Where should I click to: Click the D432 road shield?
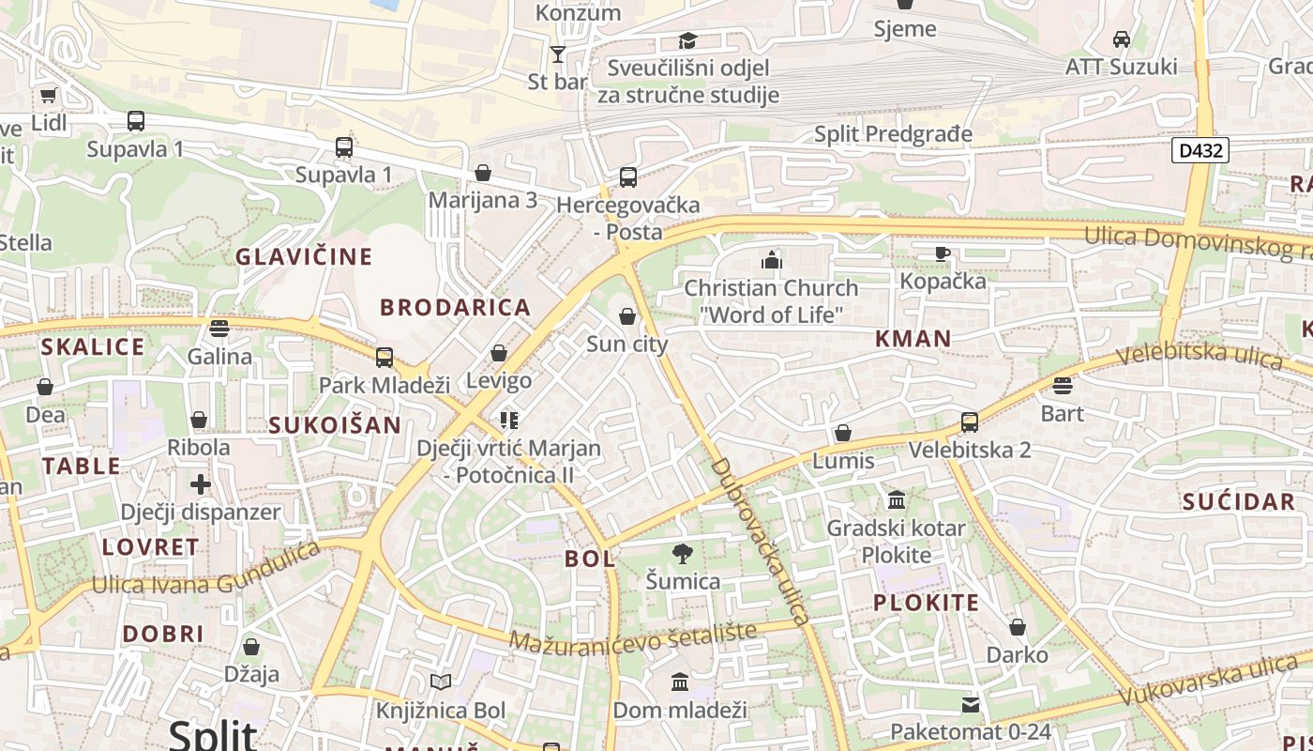(1200, 150)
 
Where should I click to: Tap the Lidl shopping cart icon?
(48, 95)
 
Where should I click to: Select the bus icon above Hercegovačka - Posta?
(627, 176)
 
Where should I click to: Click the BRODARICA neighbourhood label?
(455, 307)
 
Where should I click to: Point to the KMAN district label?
(913, 339)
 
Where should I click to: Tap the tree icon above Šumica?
(683, 554)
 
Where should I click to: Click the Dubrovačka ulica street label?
(759, 542)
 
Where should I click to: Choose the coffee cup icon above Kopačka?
(943, 253)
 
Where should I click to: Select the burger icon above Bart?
(1062, 385)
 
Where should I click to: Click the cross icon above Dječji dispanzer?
(201, 484)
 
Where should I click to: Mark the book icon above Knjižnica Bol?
(440, 682)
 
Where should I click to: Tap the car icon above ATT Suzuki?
(1121, 39)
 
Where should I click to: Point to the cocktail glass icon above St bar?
(558, 54)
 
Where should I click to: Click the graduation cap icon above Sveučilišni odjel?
(688, 40)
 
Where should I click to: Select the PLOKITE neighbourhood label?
(926, 603)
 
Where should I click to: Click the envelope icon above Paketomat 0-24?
(971, 704)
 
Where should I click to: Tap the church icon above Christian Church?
(771, 260)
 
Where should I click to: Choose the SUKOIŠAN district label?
(335, 425)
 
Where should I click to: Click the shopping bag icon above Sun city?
(626, 316)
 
